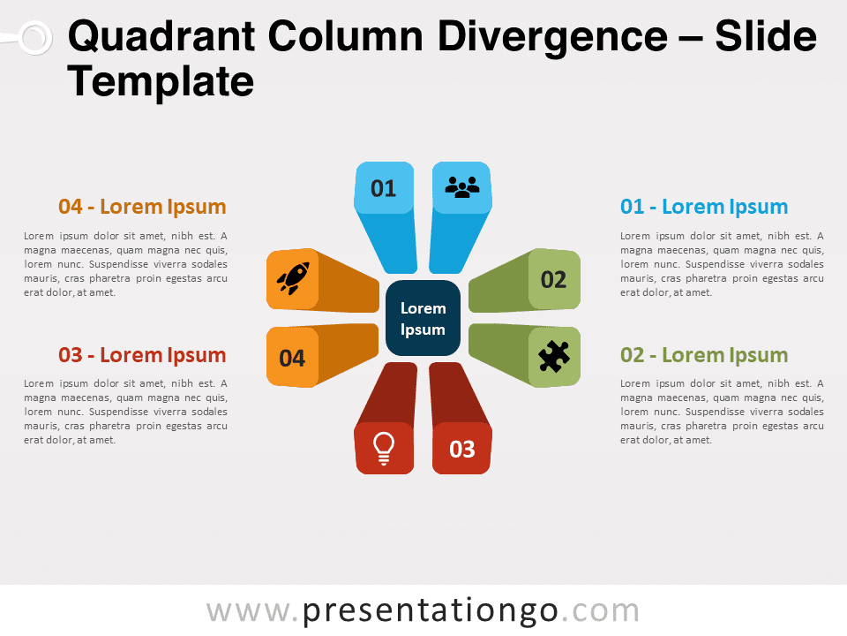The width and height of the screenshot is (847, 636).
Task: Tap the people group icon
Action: tap(461, 187)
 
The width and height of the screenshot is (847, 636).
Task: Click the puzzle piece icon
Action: tap(554, 356)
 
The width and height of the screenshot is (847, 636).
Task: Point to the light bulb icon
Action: tap(384, 449)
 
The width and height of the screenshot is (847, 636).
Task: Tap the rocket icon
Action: tap(293, 278)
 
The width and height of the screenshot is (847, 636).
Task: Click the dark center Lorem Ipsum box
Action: tap(423, 318)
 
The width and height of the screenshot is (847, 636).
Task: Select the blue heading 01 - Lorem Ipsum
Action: tap(704, 207)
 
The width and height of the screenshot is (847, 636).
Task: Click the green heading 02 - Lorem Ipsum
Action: tap(704, 355)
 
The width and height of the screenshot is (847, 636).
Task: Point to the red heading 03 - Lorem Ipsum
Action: tap(142, 355)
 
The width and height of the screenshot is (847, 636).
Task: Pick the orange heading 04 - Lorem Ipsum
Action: tap(142, 207)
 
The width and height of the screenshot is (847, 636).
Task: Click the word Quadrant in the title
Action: tap(161, 37)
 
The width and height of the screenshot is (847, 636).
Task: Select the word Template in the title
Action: tap(161, 81)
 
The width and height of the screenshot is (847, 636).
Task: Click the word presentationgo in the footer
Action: tap(430, 611)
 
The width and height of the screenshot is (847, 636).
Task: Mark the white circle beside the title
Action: tap(35, 38)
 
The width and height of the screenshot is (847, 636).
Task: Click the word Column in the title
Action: tap(346, 37)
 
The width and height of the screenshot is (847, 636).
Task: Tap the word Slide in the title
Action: tap(766, 37)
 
